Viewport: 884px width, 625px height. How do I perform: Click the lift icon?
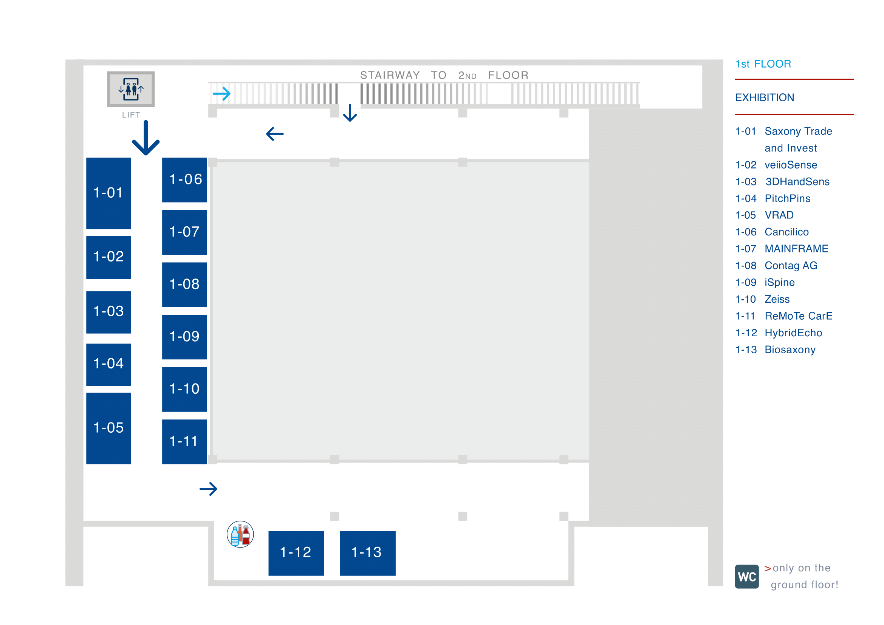pos(131,89)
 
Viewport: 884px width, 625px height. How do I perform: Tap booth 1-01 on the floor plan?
pos(108,193)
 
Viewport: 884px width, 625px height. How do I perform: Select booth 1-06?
pos(184,180)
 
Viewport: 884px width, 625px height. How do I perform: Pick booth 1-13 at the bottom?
pos(368,553)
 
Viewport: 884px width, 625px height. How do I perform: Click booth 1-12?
pos(296,553)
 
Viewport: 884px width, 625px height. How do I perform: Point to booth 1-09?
pos(184,337)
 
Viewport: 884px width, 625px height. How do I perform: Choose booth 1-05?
pos(108,428)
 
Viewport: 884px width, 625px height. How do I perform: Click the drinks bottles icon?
pos(240,534)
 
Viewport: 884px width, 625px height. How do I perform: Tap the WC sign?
pos(746,577)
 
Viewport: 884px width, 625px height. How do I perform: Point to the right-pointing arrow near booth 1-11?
pos(208,489)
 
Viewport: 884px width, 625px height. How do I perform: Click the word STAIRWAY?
pos(390,76)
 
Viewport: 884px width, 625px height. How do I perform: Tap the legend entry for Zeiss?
pos(777,299)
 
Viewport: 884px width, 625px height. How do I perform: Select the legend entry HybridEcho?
pos(793,333)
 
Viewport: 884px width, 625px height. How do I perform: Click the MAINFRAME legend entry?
pos(796,249)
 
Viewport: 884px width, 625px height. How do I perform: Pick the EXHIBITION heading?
pos(764,98)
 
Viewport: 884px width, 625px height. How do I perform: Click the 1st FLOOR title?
pos(763,64)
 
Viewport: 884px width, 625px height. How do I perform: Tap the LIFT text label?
pos(131,115)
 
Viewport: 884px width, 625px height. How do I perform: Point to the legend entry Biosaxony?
pos(790,350)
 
